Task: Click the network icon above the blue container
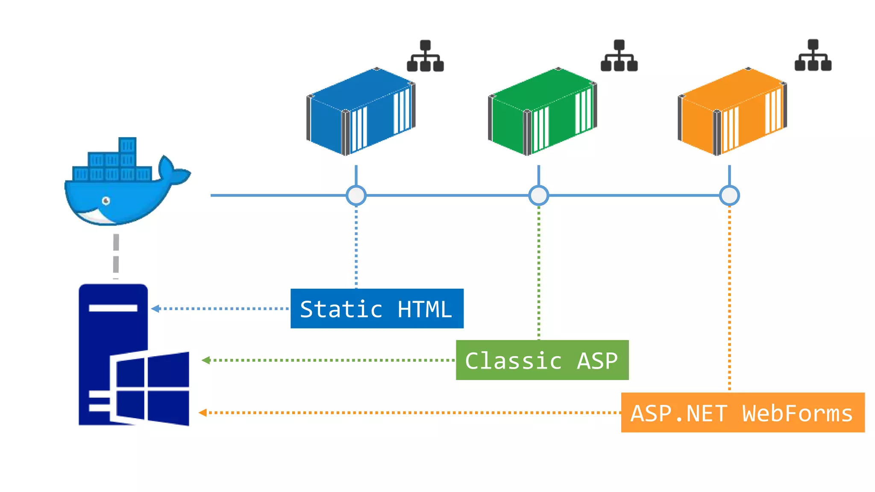tap(425, 56)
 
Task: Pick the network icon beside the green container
tap(619, 56)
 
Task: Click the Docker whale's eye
tap(106, 201)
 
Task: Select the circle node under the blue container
tap(356, 196)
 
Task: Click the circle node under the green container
tap(538, 196)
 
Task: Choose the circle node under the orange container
tap(729, 196)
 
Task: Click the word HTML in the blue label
tap(424, 309)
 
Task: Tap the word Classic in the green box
tap(513, 361)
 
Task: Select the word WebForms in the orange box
tap(797, 413)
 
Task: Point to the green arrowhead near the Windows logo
tap(206, 360)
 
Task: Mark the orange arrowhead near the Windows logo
tap(203, 413)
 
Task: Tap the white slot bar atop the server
tap(113, 308)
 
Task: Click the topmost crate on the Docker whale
tap(127, 145)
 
